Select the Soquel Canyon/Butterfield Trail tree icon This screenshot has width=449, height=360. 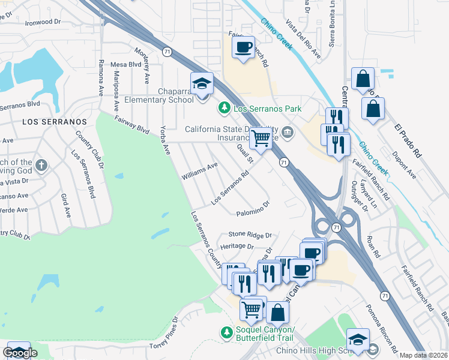coord(227,332)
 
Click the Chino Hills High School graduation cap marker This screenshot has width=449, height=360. coord(358,340)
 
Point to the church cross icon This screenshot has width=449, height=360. coord(41,165)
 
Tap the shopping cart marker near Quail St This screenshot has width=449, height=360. coord(261,138)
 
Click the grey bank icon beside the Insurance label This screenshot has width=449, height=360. coord(288,132)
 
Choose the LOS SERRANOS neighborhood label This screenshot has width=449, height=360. coord(55,121)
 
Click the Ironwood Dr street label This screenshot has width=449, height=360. coord(43,22)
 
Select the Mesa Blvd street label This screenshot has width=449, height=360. coord(125,64)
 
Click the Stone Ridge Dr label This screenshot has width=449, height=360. coord(250,235)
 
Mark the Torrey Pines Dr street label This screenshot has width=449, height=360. coord(164,334)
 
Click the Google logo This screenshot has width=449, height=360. coord(20,353)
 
